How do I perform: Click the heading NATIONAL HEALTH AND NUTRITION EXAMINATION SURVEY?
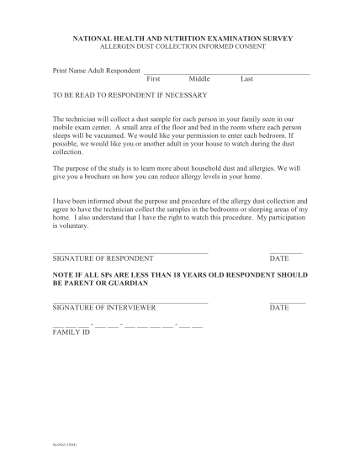pos(179,39)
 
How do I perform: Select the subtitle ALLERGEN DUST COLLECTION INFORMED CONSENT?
pos(179,46)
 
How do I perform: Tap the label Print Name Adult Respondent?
pos(96,71)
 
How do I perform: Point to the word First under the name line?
pos(154,78)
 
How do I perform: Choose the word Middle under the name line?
pos(199,78)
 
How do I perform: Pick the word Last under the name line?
pos(246,78)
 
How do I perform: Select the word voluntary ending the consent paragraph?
pos(71,226)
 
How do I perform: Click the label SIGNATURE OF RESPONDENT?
pos(103,258)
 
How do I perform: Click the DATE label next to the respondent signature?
pos(279,258)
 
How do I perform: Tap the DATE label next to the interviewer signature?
pos(279,308)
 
